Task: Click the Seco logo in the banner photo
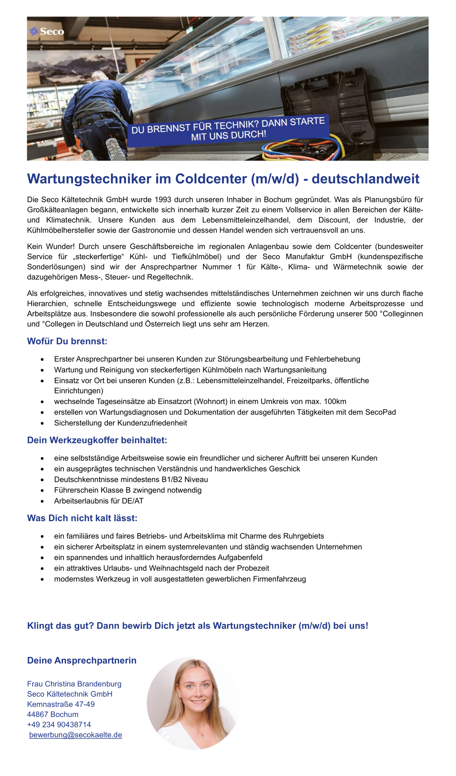click(47, 31)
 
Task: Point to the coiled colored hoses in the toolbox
click(302, 147)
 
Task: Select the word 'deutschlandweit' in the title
click(366, 179)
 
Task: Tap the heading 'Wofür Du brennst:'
click(67, 341)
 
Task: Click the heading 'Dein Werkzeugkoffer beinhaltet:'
click(97, 440)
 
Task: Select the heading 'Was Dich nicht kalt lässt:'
click(82, 518)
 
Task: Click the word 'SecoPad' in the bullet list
click(381, 412)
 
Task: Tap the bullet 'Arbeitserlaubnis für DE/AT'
click(99, 501)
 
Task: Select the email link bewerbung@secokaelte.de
click(75, 735)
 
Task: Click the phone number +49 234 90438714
click(59, 724)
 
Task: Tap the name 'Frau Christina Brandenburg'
click(74, 684)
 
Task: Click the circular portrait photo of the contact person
click(193, 703)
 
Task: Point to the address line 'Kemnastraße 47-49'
click(61, 704)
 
